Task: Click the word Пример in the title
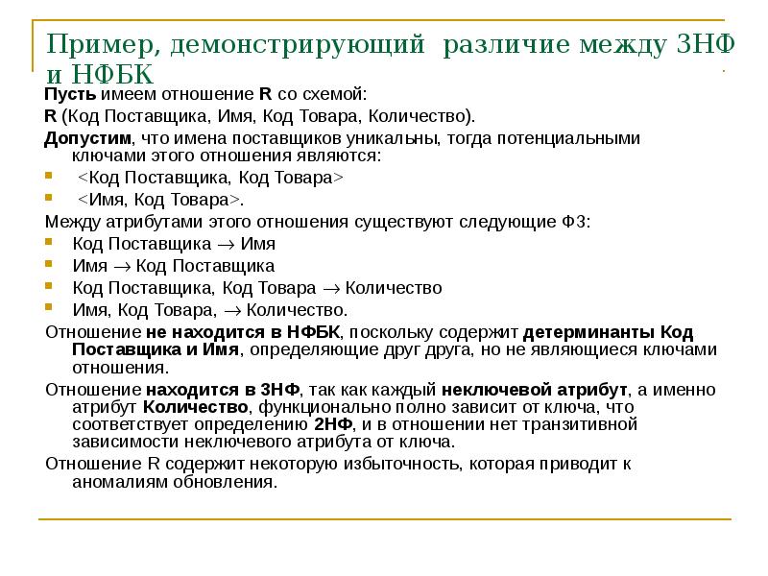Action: pyautogui.click(x=91, y=44)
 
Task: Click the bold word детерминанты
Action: pyautogui.click(x=575, y=332)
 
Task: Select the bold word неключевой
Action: pyautogui.click(x=495, y=390)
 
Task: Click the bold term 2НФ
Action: pyautogui.click(x=331, y=424)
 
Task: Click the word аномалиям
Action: pyautogui.click(x=121, y=482)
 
